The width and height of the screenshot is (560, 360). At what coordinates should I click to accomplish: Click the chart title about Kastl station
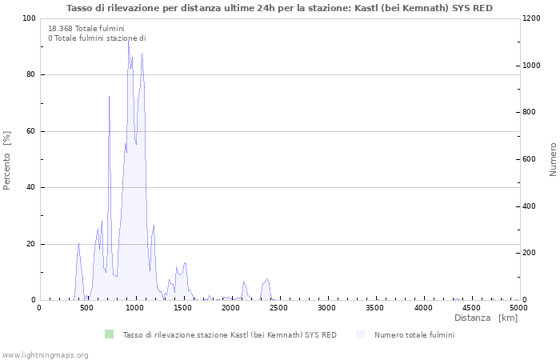tap(279, 8)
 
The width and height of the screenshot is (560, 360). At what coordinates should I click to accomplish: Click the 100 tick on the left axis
tap(29, 18)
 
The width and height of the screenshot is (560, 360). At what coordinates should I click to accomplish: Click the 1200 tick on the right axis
tap(533, 18)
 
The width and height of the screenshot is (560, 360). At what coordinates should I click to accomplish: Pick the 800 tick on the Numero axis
tap(530, 112)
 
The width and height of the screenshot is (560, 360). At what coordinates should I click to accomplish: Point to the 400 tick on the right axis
tap(530, 206)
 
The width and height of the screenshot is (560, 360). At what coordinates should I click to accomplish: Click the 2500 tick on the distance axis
tap(279, 307)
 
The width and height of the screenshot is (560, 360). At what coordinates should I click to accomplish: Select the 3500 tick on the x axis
tap(375, 307)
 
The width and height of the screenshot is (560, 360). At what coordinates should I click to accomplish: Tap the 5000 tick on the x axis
tap(518, 307)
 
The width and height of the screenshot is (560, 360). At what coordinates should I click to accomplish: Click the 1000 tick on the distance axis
tap(135, 307)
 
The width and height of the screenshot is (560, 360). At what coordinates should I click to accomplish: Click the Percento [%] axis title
tap(7, 160)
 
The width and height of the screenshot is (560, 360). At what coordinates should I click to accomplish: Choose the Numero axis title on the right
tap(553, 160)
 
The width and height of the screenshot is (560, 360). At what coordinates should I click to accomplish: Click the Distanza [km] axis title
tap(486, 318)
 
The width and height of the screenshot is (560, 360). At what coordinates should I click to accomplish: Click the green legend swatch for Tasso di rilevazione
tap(109, 334)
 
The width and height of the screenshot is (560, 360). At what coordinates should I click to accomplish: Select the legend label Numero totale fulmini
tap(414, 335)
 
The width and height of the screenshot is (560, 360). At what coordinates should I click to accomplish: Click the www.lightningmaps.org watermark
tap(45, 354)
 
